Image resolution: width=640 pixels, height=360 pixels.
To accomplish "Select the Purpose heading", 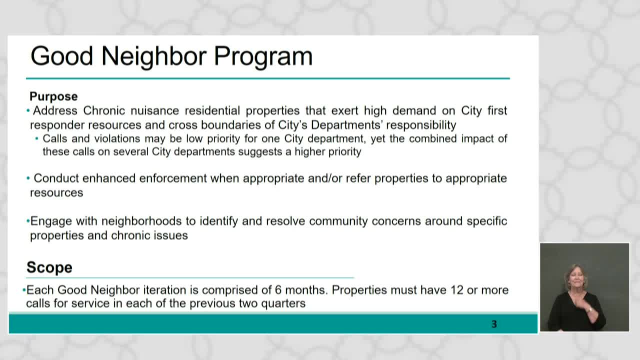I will point(53,96).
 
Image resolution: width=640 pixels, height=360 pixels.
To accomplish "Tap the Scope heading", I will point(49,267).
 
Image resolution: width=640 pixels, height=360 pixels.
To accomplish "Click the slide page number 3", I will point(494,324).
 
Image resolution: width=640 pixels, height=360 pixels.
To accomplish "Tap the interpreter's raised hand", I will point(590,310).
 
